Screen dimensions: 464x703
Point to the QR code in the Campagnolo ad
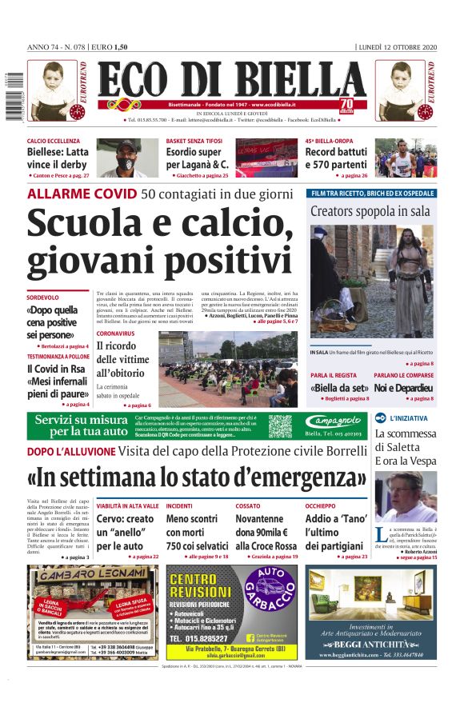tap(280, 425)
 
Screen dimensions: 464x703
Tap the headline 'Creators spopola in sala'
tap(371, 212)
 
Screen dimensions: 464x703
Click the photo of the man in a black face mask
tap(128, 158)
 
